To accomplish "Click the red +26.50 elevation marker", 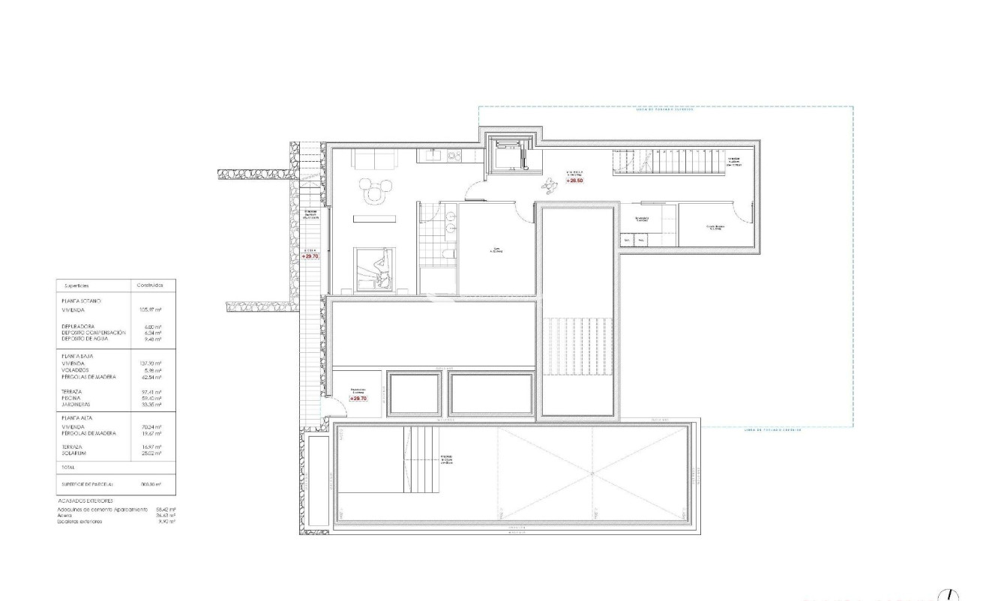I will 575,181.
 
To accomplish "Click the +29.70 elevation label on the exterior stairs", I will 310,256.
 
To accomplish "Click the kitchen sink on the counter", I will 433,156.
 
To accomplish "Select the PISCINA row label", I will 73,398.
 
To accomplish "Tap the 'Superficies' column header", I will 77,286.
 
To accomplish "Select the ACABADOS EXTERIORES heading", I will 85,500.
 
